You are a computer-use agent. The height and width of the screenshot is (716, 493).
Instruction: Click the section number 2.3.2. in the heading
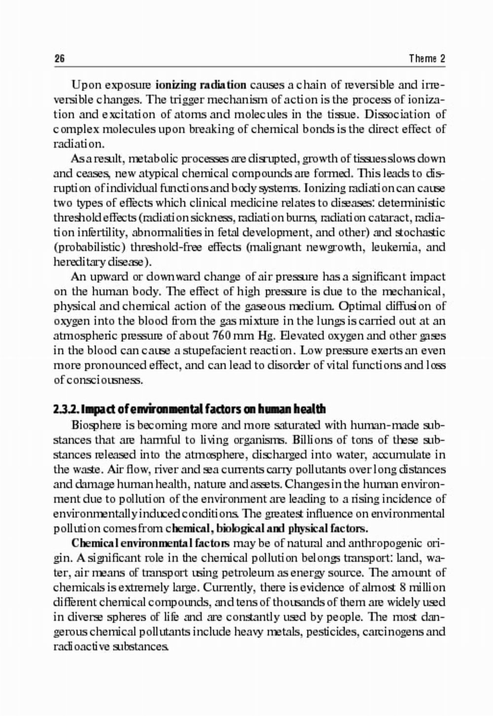click(x=66, y=410)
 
